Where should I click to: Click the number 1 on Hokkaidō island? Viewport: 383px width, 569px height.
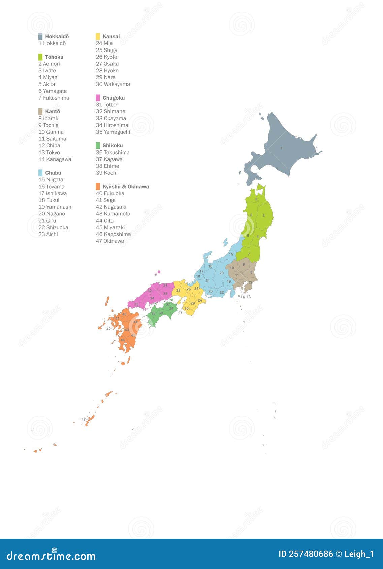(281, 148)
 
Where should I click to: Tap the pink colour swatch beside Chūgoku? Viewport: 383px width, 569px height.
(98, 98)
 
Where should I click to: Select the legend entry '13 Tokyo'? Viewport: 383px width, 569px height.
(49, 153)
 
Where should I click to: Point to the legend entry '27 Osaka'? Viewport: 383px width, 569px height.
(107, 64)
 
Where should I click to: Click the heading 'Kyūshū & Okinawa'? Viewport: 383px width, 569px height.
(126, 187)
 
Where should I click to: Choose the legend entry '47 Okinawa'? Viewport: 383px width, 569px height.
(110, 241)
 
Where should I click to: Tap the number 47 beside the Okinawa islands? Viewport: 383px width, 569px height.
(83, 419)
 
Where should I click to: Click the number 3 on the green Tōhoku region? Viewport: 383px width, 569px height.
(263, 216)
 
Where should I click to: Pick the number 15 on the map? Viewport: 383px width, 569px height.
(231, 254)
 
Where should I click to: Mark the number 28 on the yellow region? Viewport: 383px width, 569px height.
(178, 290)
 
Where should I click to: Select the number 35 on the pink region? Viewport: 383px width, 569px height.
(136, 304)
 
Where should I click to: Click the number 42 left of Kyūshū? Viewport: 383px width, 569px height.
(108, 329)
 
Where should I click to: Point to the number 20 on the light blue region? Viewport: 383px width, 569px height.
(221, 273)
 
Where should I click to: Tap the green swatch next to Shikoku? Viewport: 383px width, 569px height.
(98, 145)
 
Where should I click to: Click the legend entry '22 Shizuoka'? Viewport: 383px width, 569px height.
(53, 227)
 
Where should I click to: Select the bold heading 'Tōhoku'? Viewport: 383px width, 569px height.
(54, 57)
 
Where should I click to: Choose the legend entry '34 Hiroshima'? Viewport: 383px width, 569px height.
(112, 125)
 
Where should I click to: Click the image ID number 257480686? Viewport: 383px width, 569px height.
(311, 554)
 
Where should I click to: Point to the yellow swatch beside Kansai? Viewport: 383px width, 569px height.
(98, 36)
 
